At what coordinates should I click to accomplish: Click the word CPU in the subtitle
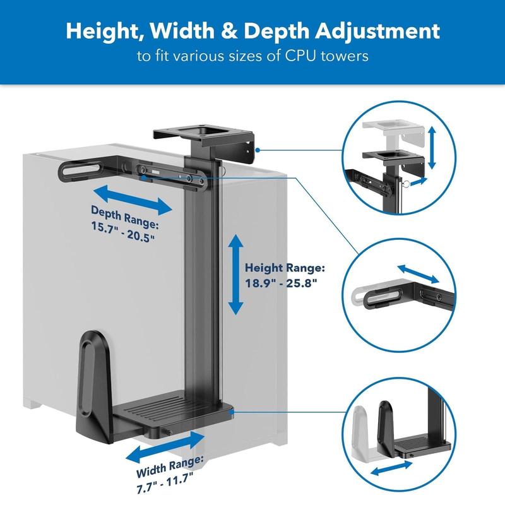click(x=300, y=56)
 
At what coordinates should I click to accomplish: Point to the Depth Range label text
click(x=125, y=217)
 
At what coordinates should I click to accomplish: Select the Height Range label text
click(x=285, y=268)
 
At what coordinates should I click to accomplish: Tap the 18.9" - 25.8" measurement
click(x=281, y=283)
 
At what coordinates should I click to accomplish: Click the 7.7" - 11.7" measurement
click(x=165, y=482)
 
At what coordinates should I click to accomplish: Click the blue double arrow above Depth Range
click(x=133, y=200)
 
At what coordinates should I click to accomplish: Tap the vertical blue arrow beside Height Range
click(x=235, y=275)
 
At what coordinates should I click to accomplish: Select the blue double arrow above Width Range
click(x=165, y=447)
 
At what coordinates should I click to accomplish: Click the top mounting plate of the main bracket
click(x=202, y=134)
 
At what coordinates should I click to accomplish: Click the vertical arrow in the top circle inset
click(x=432, y=148)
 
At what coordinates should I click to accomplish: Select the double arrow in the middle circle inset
click(x=418, y=274)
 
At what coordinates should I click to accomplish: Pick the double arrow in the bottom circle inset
click(x=391, y=468)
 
